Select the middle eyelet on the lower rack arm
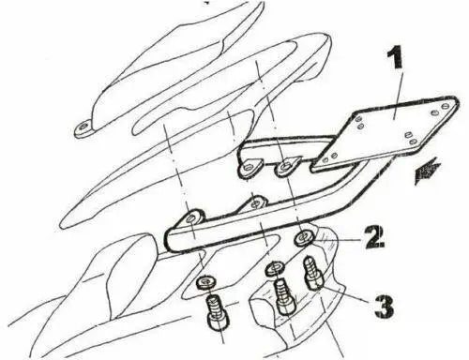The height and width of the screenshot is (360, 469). click(x=251, y=202)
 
